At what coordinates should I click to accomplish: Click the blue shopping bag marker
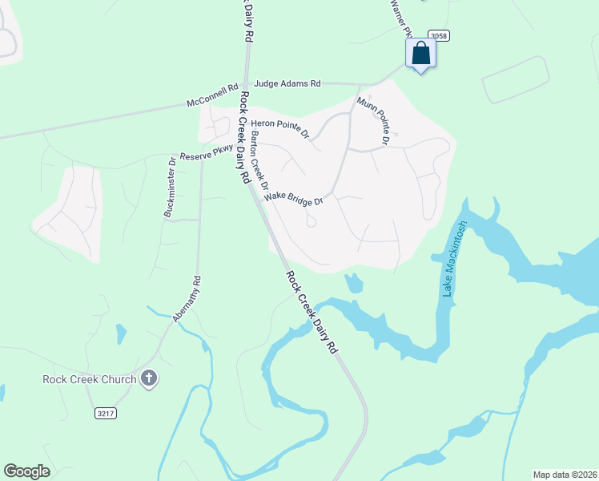coord(421,55)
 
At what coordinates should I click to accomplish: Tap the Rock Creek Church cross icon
coord(148,378)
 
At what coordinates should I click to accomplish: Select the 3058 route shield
coord(438,36)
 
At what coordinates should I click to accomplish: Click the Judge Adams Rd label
coord(287,83)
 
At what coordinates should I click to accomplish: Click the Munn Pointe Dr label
coord(373,120)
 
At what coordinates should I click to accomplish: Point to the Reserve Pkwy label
coord(206,153)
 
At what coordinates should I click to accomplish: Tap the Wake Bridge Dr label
coord(293,197)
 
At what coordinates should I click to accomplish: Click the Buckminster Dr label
coord(169,187)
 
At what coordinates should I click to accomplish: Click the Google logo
coord(26,471)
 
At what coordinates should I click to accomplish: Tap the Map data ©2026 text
coord(564,474)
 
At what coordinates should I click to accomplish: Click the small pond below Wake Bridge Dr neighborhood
coord(354,283)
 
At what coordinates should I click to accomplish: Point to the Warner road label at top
coord(400,18)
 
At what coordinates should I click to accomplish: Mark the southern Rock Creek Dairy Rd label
coord(312,313)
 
